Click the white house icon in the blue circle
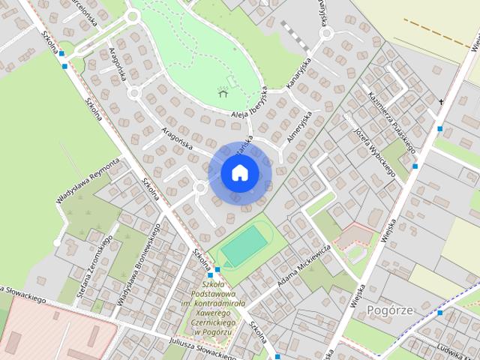point(239,173)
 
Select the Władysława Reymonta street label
point(88,181)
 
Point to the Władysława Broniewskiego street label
point(138,262)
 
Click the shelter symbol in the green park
point(222,92)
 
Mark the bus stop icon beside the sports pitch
point(217,269)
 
